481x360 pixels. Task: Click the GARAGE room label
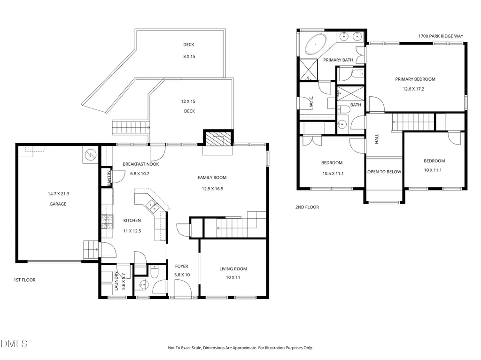pyautogui.click(x=58, y=204)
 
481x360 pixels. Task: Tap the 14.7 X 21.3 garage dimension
pyautogui.click(x=59, y=194)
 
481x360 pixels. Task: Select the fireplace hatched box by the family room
pyautogui.click(x=218, y=139)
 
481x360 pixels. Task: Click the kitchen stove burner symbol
pyautogui.click(x=108, y=222)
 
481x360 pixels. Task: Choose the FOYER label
pyautogui.click(x=182, y=267)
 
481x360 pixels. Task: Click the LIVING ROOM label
pyautogui.click(x=233, y=269)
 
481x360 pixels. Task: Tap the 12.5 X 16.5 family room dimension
pyautogui.click(x=213, y=189)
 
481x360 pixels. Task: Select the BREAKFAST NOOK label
pyautogui.click(x=141, y=164)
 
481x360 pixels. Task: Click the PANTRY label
pyautogui.click(x=109, y=178)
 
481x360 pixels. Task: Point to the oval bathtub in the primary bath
pyautogui.click(x=316, y=45)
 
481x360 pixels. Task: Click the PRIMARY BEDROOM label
pyautogui.click(x=415, y=79)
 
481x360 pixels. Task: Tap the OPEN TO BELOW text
pyautogui.click(x=384, y=172)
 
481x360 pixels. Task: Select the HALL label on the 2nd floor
pyautogui.click(x=377, y=138)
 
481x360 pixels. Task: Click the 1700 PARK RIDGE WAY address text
pyautogui.click(x=441, y=36)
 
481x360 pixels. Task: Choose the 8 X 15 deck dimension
pyautogui.click(x=189, y=56)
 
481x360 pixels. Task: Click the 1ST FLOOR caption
pyautogui.click(x=24, y=280)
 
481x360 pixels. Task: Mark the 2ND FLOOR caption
pyautogui.click(x=307, y=207)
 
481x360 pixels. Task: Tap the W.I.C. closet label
pyautogui.click(x=311, y=101)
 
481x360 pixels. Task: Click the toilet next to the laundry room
pyautogui.click(x=154, y=271)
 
